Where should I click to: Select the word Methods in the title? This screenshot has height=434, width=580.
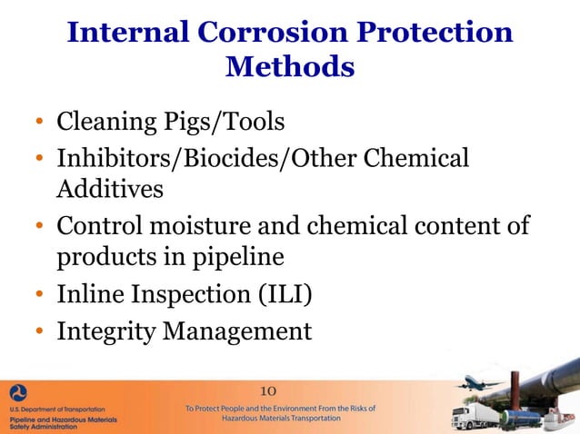tap(290, 66)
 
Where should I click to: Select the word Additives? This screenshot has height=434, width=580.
tap(111, 189)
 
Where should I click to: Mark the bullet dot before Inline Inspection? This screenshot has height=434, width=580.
tap(41, 297)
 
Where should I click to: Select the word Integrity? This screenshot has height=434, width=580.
tap(106, 331)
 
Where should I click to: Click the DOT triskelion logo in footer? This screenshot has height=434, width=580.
tap(18, 393)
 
